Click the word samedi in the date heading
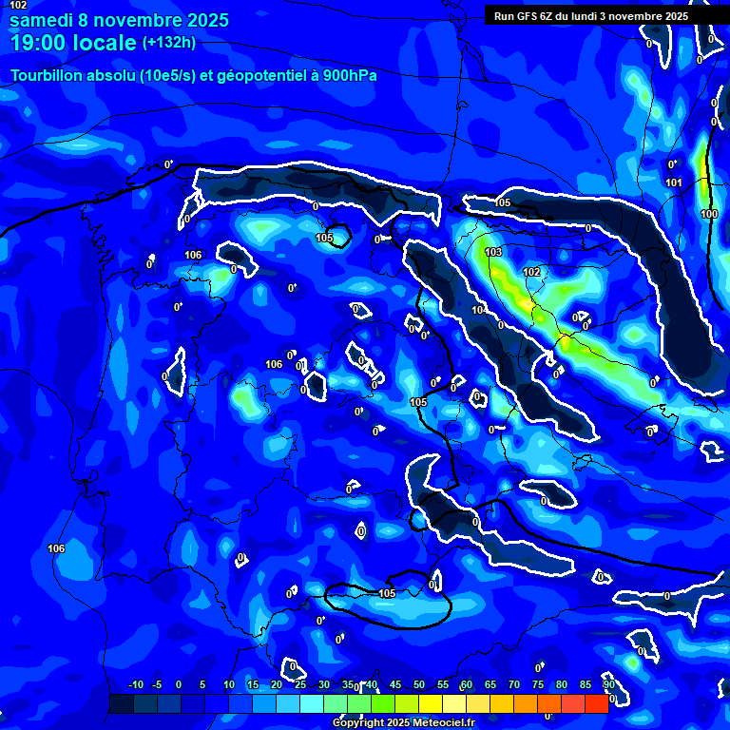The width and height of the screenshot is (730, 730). [x=44, y=21]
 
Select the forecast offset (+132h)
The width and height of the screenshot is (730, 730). [x=169, y=43]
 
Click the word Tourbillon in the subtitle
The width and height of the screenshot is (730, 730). [x=48, y=75]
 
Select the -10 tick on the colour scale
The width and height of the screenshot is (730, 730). [x=135, y=685]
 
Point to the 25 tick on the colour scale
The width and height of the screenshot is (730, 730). [x=299, y=685]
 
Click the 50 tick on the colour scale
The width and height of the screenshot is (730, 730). [x=418, y=685]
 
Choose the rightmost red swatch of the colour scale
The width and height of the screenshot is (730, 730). [x=596, y=703]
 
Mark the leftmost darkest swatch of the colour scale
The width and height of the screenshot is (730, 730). [x=121, y=703]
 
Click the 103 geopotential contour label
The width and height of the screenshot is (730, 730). [x=493, y=252]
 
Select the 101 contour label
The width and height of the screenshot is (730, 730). [x=674, y=182]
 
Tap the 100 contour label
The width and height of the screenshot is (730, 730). [x=709, y=214]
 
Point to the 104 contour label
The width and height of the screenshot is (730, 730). [x=478, y=311]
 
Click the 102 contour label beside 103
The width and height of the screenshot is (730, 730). [x=531, y=272]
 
